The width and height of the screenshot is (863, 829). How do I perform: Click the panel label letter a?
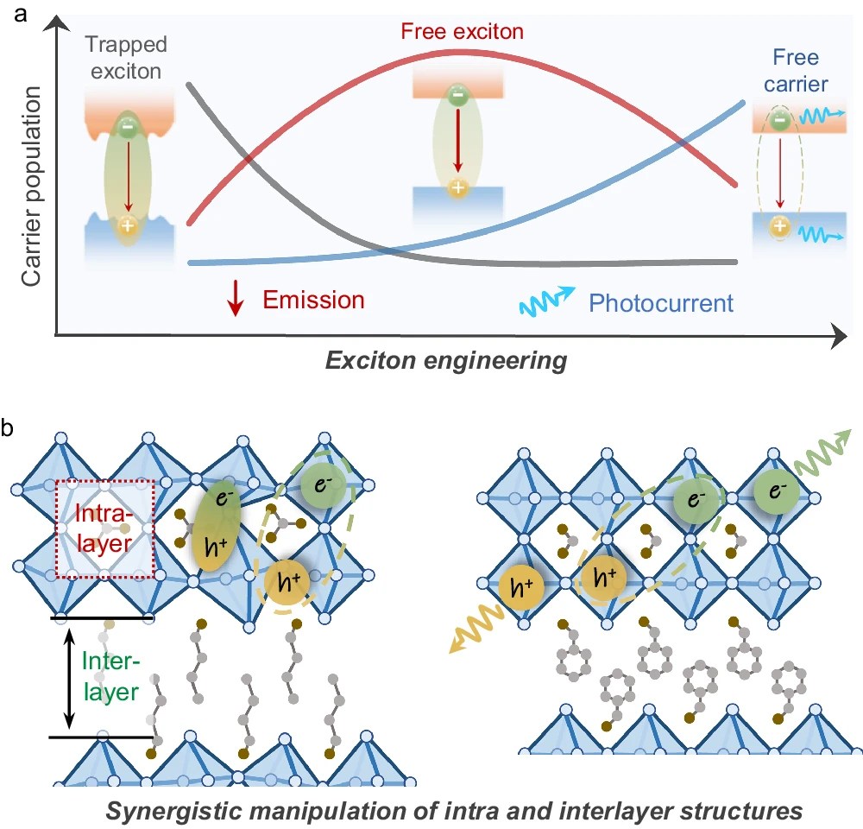pyautogui.click(x=11, y=12)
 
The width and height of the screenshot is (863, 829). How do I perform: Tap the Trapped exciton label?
pyautogui.click(x=127, y=58)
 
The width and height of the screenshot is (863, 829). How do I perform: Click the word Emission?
pyautogui.click(x=313, y=301)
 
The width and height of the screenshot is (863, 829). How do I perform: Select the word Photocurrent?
pyautogui.click(x=661, y=303)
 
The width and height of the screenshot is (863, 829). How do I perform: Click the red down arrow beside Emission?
pyautogui.click(x=234, y=301)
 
